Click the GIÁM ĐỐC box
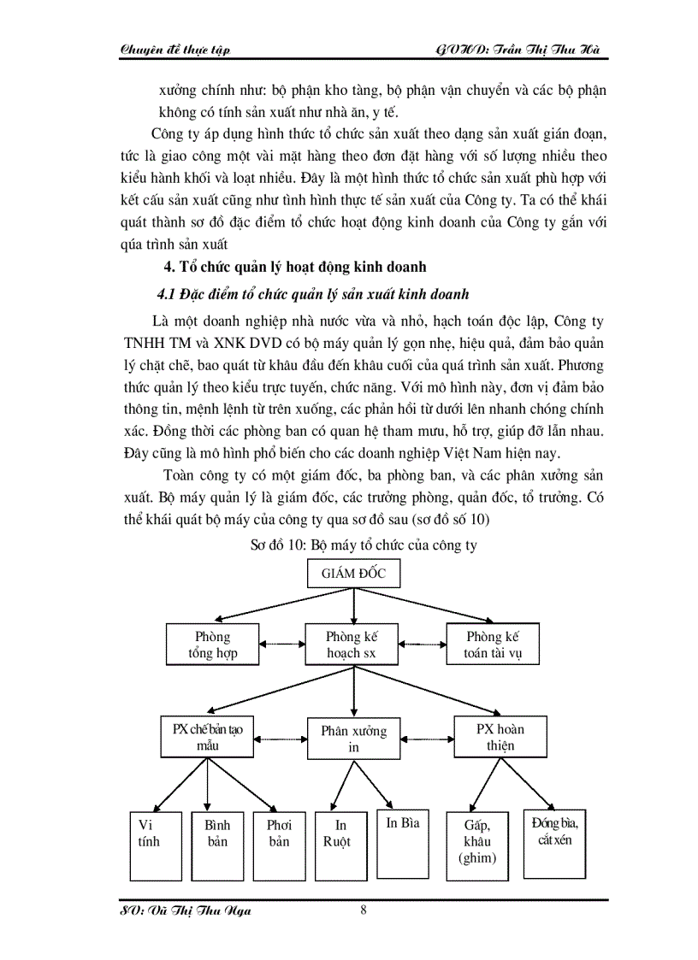click(x=353, y=574)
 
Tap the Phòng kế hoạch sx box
click(x=352, y=645)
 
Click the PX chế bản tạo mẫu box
click(x=206, y=736)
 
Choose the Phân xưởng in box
click(x=353, y=739)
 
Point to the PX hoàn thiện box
click(x=500, y=737)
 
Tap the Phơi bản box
click(x=278, y=845)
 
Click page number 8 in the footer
click(x=364, y=910)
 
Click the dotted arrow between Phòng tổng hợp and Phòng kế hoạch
click(x=282, y=645)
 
